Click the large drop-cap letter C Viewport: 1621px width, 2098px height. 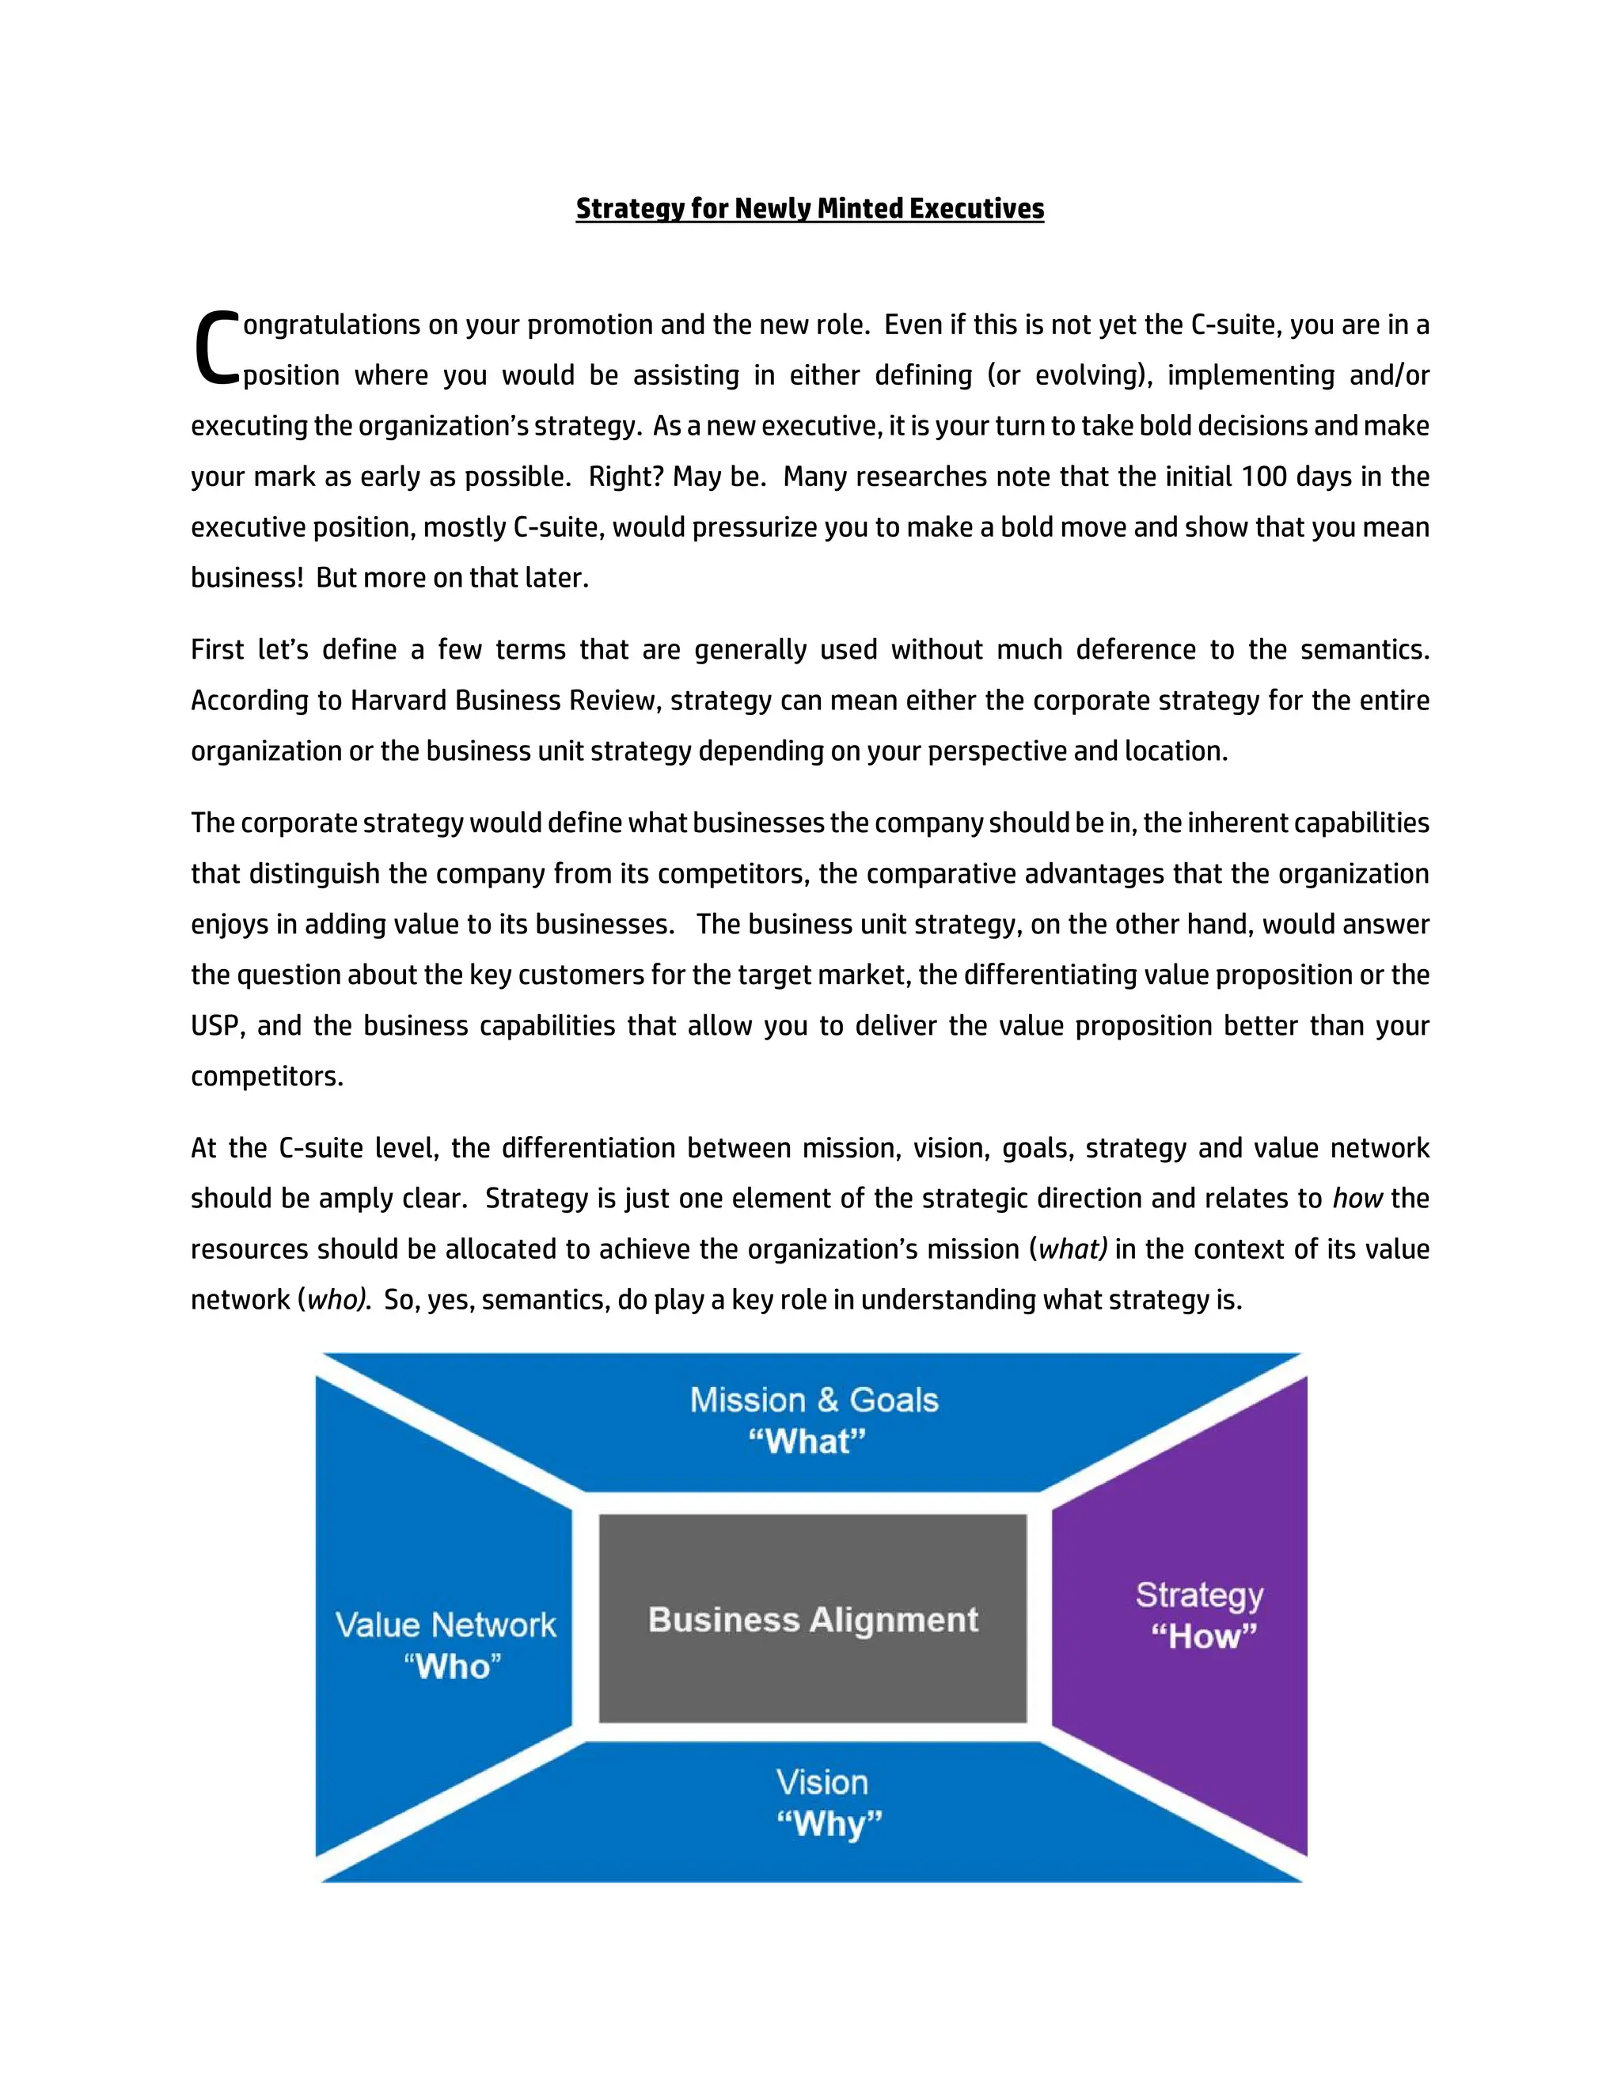click(x=215, y=348)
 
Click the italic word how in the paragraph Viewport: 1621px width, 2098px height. click(x=1357, y=1199)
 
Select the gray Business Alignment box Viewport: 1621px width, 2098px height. click(x=812, y=1620)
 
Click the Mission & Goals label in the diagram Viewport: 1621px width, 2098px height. click(x=814, y=1401)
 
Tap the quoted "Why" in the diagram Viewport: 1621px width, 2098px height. click(x=829, y=1823)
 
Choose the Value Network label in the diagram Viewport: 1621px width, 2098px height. click(x=446, y=1625)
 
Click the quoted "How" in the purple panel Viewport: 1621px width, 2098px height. click(x=1203, y=1635)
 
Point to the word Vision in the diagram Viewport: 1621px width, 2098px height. click(x=822, y=1783)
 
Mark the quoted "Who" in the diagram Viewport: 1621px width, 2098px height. click(x=452, y=1667)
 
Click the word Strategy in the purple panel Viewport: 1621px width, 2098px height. click(x=1199, y=1594)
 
